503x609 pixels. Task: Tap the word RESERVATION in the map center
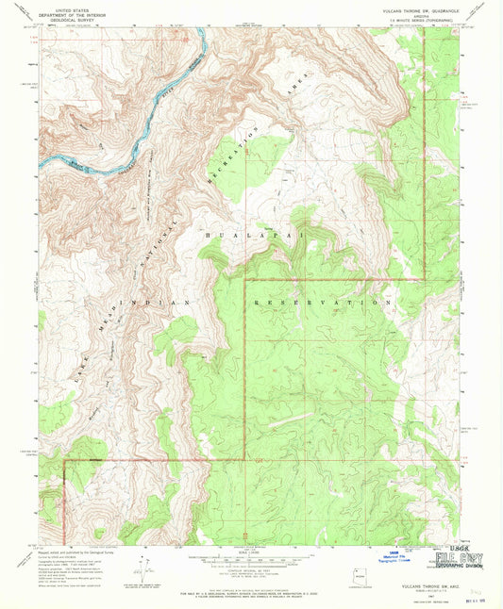(322, 303)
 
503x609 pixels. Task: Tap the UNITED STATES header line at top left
(75, 8)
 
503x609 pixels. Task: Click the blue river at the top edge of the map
(200, 38)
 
